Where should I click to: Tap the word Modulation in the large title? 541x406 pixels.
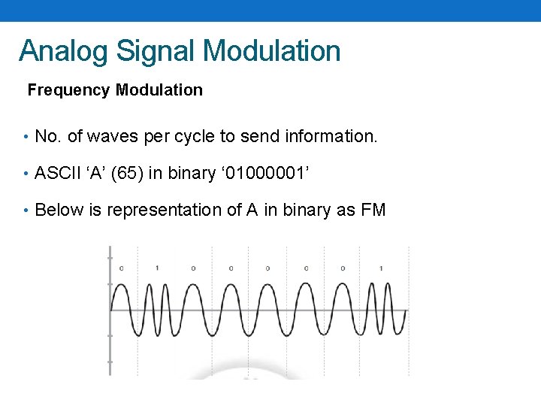pyautogui.click(x=271, y=51)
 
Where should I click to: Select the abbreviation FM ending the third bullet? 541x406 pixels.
pyautogui.click(x=373, y=210)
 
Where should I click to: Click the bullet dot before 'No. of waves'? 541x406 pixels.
pyautogui.click(x=26, y=137)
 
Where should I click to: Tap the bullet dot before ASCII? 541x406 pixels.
pyautogui.click(x=26, y=174)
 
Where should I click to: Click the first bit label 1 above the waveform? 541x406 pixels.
pyautogui.click(x=157, y=268)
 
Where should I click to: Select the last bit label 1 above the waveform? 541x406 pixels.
pyautogui.click(x=381, y=268)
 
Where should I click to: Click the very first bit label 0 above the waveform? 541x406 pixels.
pyautogui.click(x=122, y=268)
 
